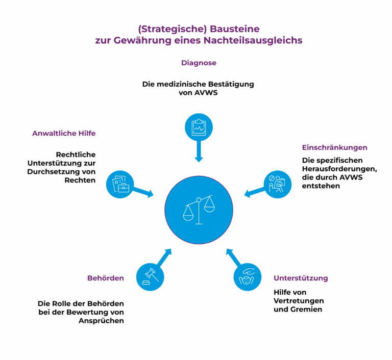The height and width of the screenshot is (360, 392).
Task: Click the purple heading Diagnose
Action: coord(199,63)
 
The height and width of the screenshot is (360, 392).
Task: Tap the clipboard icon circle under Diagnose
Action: coord(199,127)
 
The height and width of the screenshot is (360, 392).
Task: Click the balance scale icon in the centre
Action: coord(199,210)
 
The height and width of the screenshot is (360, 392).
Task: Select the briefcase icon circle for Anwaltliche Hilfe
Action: coord(120,185)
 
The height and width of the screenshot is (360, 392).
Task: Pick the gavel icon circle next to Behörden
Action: coord(150,277)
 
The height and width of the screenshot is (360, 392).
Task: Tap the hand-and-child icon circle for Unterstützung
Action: coord(248,277)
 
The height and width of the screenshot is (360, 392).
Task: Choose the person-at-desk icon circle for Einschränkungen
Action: coord(278,185)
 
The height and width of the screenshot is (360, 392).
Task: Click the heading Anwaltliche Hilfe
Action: coord(64,133)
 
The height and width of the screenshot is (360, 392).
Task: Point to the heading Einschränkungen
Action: coord(334,147)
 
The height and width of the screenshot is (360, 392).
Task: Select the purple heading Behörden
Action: coord(106,278)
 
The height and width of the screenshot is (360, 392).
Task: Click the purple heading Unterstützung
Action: coord(301,278)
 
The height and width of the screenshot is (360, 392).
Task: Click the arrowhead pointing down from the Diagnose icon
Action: coord(199,160)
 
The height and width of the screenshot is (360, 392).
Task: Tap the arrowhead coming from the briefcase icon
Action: coord(151,194)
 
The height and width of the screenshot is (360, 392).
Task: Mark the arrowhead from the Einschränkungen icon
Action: coord(247,194)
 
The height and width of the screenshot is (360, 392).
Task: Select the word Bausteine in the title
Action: coord(235,29)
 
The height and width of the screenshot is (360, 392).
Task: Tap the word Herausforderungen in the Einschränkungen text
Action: coord(339,169)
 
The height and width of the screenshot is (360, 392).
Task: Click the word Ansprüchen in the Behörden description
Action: coord(101,321)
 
